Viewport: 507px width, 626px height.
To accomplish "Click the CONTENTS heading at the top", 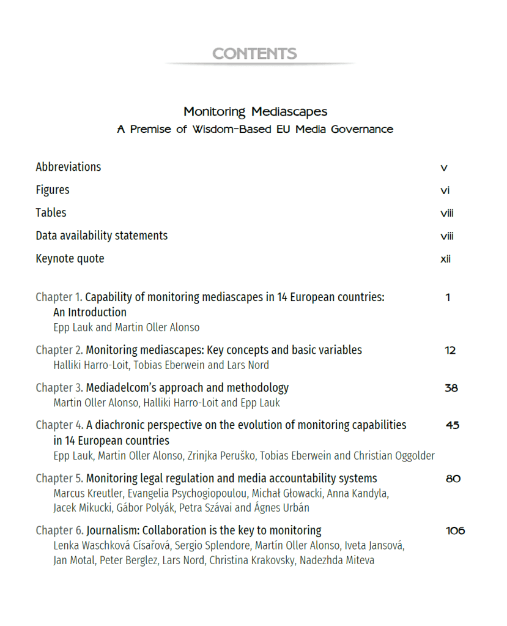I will [254, 54].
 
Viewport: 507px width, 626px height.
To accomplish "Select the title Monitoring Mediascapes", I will [255, 111].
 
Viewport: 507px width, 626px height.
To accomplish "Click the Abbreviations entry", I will [68, 167].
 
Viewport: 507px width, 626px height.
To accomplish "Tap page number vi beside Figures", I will [445, 190].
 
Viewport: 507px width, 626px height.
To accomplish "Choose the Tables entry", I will [51, 213].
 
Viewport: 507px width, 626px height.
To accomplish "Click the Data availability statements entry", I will [102, 236].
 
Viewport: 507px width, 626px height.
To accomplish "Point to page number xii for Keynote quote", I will [445, 259].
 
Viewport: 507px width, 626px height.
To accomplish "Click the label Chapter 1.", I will [59, 297].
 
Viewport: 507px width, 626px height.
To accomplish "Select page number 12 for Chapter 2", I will [450, 351].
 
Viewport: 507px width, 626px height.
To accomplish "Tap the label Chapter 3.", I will [59, 387].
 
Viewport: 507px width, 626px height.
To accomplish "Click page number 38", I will [451, 388].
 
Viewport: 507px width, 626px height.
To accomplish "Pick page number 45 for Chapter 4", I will [453, 425].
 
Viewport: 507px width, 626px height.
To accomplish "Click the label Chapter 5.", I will [59, 478].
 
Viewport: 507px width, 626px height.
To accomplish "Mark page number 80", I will [453, 479].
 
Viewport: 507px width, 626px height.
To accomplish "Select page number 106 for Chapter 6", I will [456, 531].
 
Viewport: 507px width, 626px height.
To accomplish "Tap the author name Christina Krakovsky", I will [253, 561].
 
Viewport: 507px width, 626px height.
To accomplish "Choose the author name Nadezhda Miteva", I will [337, 561].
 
